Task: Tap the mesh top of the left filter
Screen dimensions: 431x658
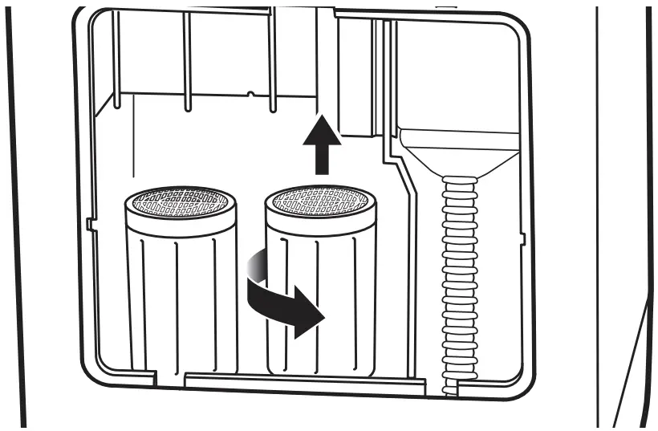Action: [182, 202]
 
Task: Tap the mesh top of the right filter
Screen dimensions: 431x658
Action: [319, 201]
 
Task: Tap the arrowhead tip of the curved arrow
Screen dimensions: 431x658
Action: [321, 319]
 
